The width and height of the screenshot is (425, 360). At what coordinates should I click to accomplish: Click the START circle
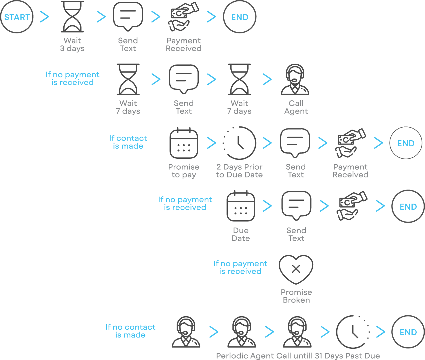tap(17, 17)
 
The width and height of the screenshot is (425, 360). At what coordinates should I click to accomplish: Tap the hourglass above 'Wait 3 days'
tap(72, 17)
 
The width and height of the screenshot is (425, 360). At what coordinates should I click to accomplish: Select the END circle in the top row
tap(240, 17)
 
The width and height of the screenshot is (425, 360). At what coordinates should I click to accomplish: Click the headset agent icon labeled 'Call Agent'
tap(295, 79)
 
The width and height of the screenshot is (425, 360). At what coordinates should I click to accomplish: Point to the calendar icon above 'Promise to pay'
tap(184, 143)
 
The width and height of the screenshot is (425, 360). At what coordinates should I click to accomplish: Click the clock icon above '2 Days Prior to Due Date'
tap(240, 143)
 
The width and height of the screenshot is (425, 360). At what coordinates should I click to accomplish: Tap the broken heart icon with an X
tap(296, 269)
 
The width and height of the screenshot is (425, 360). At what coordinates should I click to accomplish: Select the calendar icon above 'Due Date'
tap(241, 206)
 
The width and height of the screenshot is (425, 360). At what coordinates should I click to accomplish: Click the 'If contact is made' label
tap(128, 142)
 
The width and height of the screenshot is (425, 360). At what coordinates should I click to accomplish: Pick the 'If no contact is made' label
tap(130, 331)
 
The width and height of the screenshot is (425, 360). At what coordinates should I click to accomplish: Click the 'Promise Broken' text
tap(296, 296)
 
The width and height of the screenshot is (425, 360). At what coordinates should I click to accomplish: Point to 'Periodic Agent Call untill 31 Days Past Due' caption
tap(298, 356)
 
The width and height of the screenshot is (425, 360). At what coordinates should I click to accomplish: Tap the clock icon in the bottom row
tap(353, 332)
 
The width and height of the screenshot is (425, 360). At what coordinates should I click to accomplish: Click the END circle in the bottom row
tap(408, 332)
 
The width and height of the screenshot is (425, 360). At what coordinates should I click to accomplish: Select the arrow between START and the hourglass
tap(45, 17)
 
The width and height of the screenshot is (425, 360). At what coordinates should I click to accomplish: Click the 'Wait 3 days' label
tap(72, 44)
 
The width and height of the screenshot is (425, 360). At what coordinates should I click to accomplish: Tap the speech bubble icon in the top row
tap(128, 16)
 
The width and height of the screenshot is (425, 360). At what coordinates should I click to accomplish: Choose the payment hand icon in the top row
tap(183, 17)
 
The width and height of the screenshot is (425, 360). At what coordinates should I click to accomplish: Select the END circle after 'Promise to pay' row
tap(406, 143)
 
